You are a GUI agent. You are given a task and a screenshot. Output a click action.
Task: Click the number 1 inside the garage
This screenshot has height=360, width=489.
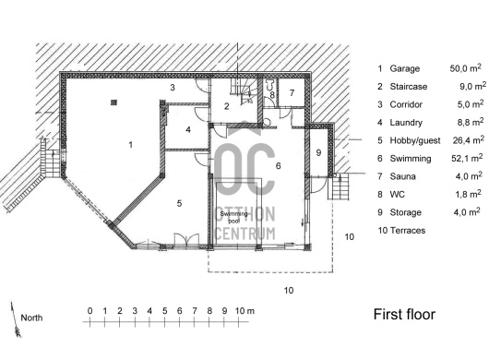click(131, 144)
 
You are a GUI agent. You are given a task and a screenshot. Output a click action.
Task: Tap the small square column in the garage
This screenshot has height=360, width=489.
click(114, 102)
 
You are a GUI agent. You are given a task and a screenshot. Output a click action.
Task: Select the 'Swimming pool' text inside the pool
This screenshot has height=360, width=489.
click(234, 217)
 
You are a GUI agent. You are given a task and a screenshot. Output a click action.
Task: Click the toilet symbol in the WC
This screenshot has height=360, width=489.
click(270, 85)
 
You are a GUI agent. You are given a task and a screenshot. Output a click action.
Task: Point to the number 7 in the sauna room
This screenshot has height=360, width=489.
click(292, 92)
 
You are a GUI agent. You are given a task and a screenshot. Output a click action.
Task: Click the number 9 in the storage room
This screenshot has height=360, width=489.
click(318, 152)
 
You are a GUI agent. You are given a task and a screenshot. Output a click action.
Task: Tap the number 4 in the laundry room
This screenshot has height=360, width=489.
click(188, 129)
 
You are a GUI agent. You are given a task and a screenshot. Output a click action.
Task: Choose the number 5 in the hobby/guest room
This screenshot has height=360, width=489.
click(179, 203)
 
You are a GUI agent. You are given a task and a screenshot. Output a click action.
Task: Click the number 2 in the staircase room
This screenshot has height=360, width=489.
click(227, 106)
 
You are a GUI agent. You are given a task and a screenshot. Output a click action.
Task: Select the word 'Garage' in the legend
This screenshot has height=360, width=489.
click(404, 68)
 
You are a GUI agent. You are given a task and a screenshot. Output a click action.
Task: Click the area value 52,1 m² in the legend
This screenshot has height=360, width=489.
click(467, 158)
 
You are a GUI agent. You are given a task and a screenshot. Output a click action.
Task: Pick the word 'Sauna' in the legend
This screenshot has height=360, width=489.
click(402, 176)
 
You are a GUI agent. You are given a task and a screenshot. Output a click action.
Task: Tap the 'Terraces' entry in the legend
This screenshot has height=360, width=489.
click(408, 231)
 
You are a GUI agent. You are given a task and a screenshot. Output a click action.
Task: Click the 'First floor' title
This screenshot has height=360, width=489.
click(404, 314)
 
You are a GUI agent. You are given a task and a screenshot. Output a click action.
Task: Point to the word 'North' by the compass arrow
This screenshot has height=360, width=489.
click(31, 318)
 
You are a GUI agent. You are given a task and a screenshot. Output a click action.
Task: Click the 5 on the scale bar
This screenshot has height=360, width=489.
click(164, 311)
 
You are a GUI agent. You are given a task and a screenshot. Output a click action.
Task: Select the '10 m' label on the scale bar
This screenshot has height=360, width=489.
click(244, 311)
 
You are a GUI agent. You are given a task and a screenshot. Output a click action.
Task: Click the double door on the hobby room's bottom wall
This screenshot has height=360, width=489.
click(186, 241)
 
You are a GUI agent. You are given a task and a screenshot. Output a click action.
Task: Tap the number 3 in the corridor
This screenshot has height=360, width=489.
click(173, 88)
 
